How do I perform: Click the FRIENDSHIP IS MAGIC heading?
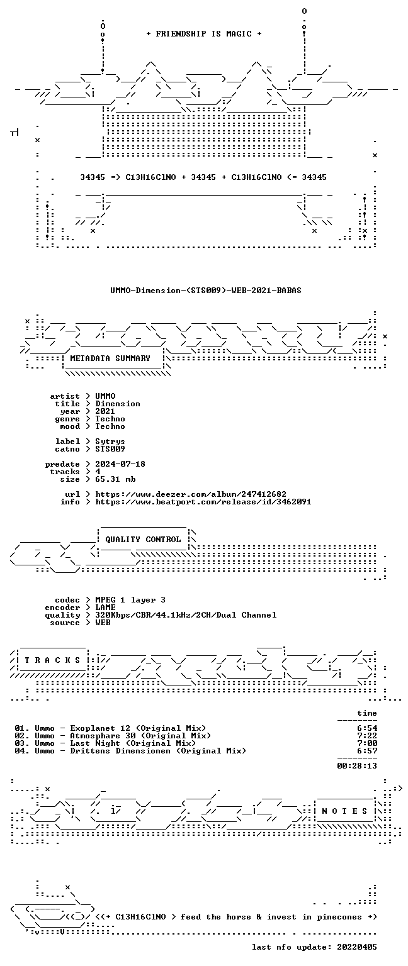click(204, 33)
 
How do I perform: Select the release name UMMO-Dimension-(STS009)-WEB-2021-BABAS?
click(206, 290)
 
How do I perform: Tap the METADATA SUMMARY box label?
click(110, 358)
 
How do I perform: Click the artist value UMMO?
click(105, 396)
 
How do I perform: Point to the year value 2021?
click(105, 411)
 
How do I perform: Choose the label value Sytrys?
click(110, 441)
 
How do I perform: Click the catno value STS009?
click(110, 449)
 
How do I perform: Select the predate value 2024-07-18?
click(120, 464)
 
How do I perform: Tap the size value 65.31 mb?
click(115, 479)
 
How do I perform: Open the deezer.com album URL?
click(191, 494)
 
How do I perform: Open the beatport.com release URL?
click(203, 502)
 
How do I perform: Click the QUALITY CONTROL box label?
click(144, 540)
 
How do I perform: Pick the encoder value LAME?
click(105, 608)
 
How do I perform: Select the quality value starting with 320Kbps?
click(186, 615)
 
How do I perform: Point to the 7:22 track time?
click(367, 736)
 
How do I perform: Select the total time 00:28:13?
click(357, 767)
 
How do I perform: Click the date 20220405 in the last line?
click(357, 948)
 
